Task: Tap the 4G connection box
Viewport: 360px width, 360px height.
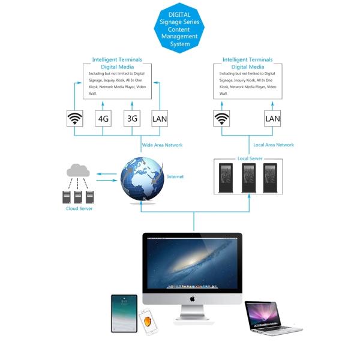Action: (x=104, y=118)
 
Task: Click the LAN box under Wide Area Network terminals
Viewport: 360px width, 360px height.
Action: (x=160, y=118)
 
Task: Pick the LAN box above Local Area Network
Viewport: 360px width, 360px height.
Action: (x=272, y=118)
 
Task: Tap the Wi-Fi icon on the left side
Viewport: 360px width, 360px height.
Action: (x=75, y=118)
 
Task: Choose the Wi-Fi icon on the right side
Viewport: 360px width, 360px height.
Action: (x=223, y=118)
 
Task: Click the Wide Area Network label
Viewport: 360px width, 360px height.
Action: (x=162, y=145)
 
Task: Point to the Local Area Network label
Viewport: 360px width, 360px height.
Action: (x=274, y=145)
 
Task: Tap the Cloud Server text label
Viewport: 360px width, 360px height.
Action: (x=79, y=208)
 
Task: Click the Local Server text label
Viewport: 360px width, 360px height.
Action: (x=250, y=158)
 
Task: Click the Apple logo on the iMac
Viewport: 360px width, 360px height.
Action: (x=193, y=298)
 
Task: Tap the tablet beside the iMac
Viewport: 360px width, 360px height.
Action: (x=124, y=313)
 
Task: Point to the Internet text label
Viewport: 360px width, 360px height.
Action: (x=176, y=176)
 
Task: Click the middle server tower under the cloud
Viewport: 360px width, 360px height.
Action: (x=79, y=196)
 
